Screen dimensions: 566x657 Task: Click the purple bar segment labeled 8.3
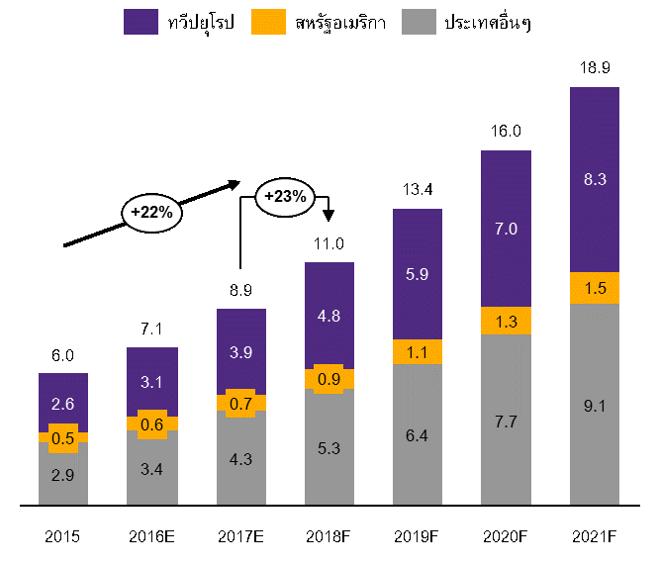click(595, 179)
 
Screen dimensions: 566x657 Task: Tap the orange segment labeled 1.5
click(595, 288)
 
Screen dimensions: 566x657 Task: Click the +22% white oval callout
click(151, 212)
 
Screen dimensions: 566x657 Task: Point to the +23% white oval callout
click(286, 196)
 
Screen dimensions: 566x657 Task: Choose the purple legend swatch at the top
click(141, 22)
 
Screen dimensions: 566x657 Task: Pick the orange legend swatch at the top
click(268, 22)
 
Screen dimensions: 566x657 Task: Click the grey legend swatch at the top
click(419, 22)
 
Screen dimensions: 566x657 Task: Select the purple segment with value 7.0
click(506, 229)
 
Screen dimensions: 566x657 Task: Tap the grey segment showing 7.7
click(506, 420)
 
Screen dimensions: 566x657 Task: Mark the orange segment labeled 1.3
click(506, 321)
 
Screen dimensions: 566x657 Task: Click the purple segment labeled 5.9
click(418, 274)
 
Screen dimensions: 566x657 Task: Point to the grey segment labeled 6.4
click(418, 434)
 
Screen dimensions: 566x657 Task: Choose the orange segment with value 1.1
click(418, 351)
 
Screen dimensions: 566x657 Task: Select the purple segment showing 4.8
click(329, 316)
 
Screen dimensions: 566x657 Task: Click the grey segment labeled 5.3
click(329, 448)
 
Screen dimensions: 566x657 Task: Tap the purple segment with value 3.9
click(241, 351)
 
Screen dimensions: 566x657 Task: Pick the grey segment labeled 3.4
click(152, 469)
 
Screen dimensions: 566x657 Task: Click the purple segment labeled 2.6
click(63, 402)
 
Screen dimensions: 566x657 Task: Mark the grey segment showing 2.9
click(63, 475)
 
